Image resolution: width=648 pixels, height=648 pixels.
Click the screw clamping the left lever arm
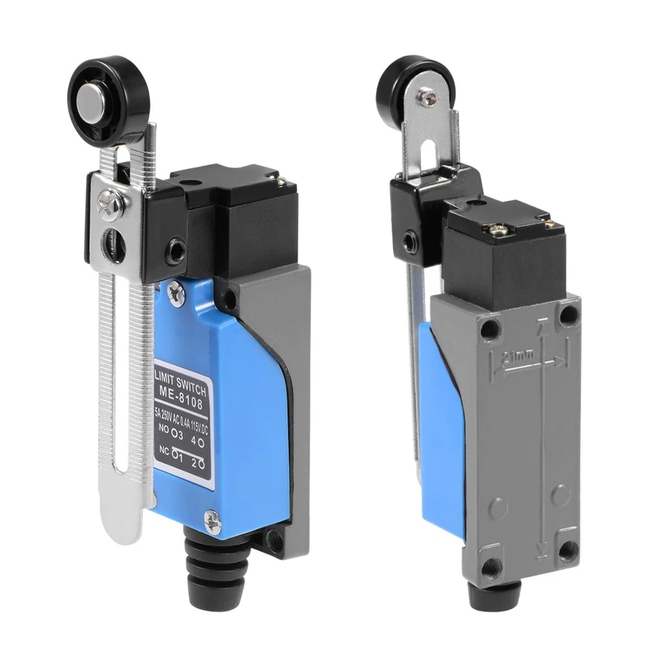tap(107, 203)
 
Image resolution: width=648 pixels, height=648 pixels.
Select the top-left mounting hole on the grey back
tap(491, 329)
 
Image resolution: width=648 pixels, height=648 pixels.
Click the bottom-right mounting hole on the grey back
tap(568, 547)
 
